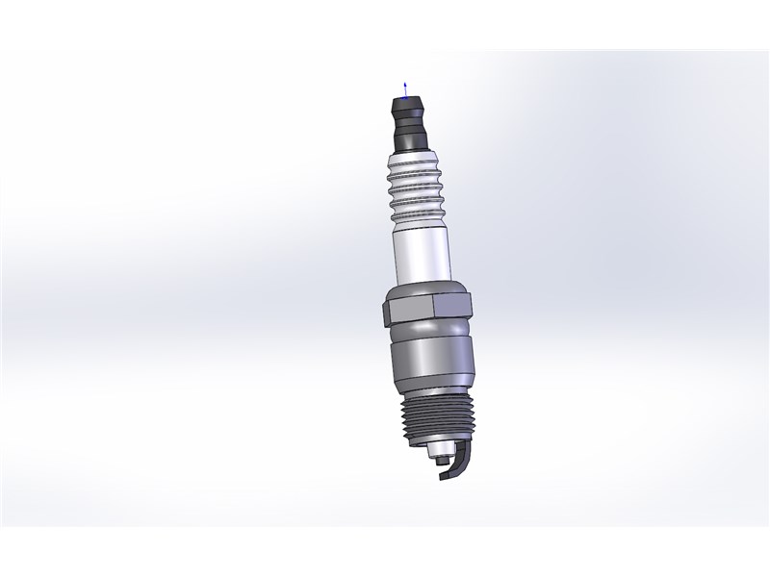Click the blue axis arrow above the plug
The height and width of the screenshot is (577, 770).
tap(405, 88)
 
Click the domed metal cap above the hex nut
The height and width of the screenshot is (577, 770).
tap(423, 289)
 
